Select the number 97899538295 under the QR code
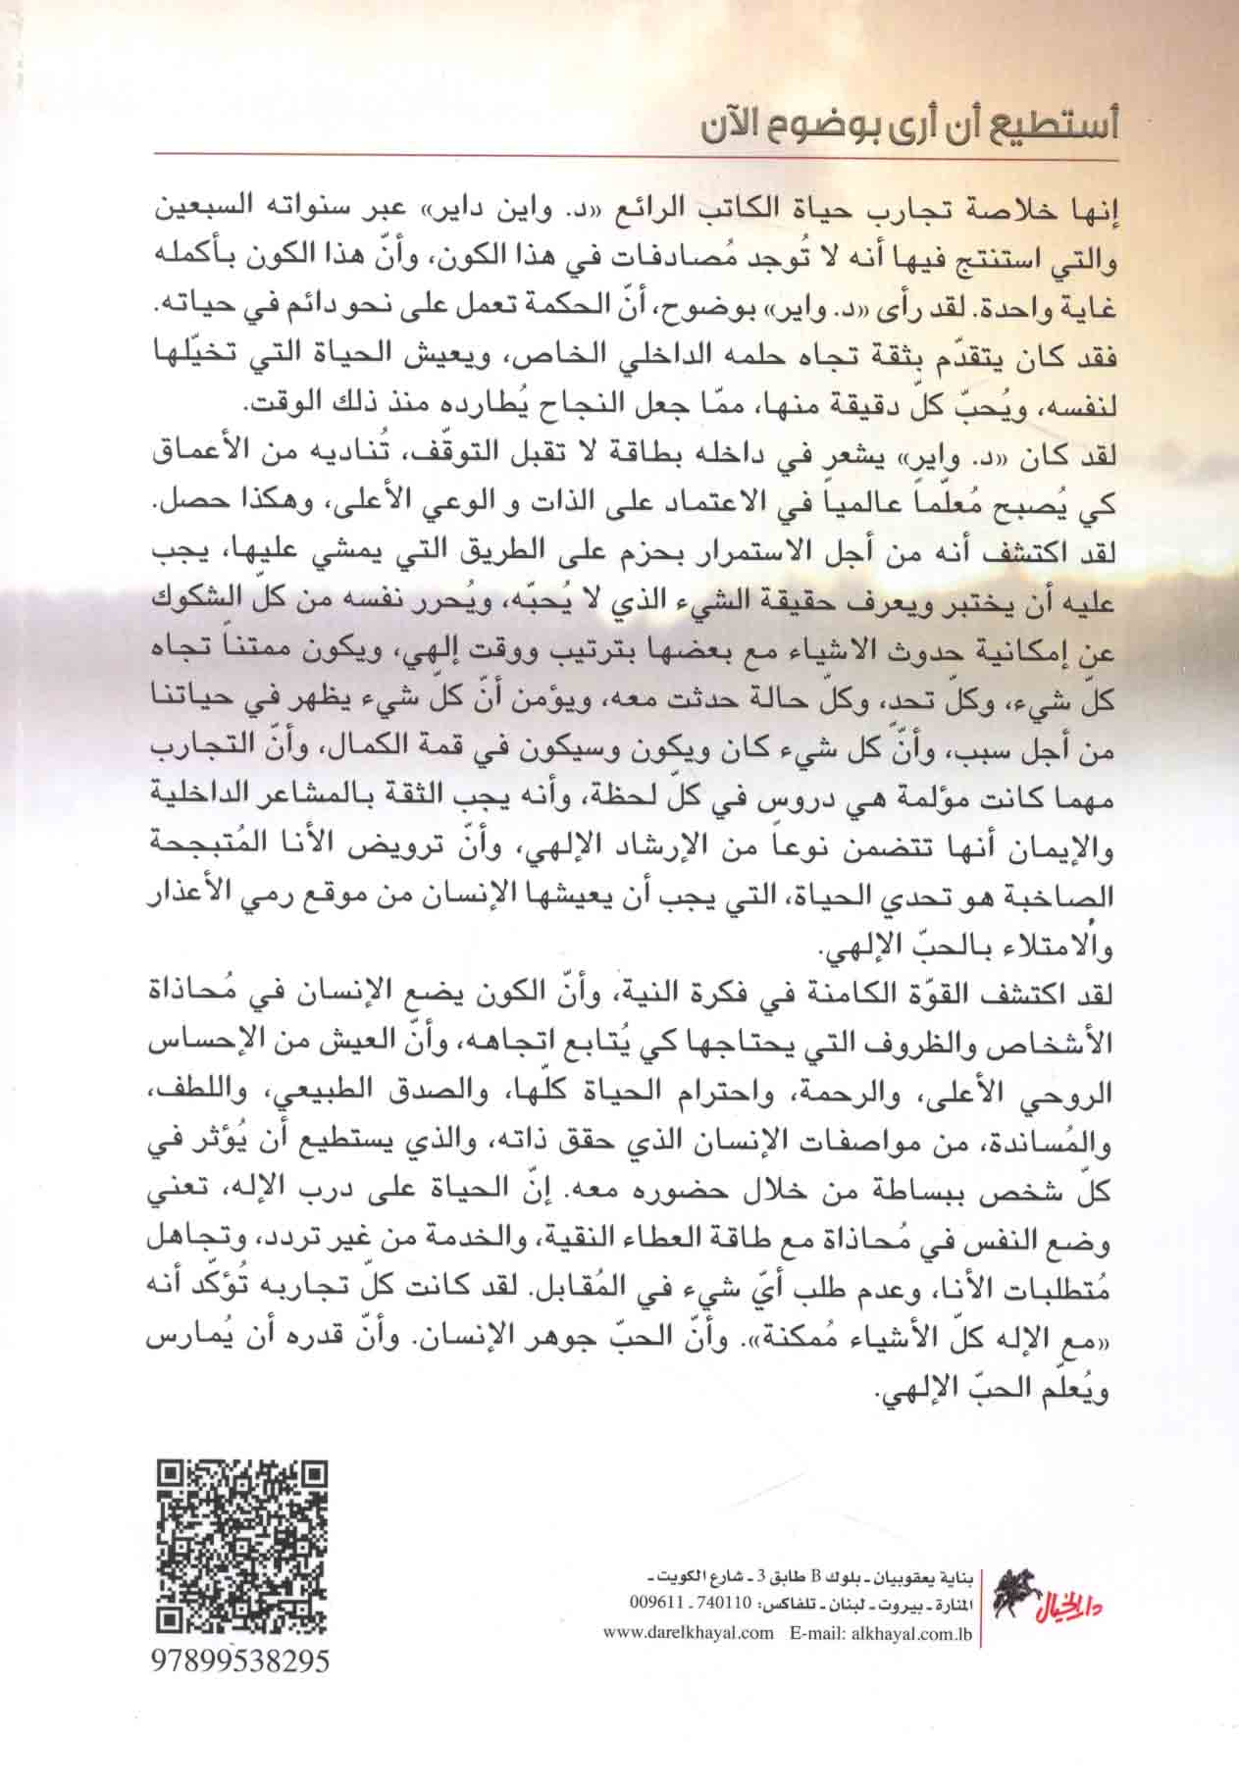(x=242, y=1662)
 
